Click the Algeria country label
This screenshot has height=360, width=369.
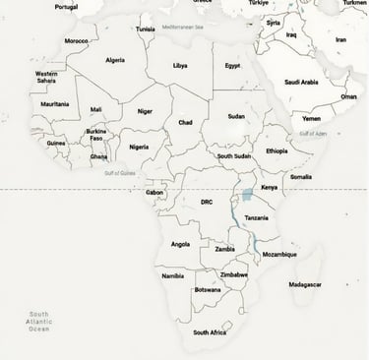[x=115, y=59]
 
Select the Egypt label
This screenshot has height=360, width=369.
[x=232, y=65]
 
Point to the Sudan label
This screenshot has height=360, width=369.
[x=236, y=116]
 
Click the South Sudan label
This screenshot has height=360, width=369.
[x=234, y=155]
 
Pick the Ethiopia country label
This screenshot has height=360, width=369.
[x=277, y=150]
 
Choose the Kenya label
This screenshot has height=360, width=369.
[x=269, y=187]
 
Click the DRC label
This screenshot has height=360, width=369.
[x=207, y=202]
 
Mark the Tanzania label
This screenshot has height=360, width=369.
[x=256, y=217]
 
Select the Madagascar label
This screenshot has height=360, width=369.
[x=305, y=284]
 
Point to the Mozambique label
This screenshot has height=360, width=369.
[x=279, y=254]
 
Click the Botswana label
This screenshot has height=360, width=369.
[x=208, y=290]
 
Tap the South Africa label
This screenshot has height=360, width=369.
[x=210, y=332]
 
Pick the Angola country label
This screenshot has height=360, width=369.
[x=180, y=244]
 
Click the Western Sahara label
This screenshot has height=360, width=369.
[x=46, y=76]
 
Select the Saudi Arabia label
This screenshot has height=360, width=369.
[x=302, y=82]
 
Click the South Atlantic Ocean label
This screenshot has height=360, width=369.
[x=38, y=321]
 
